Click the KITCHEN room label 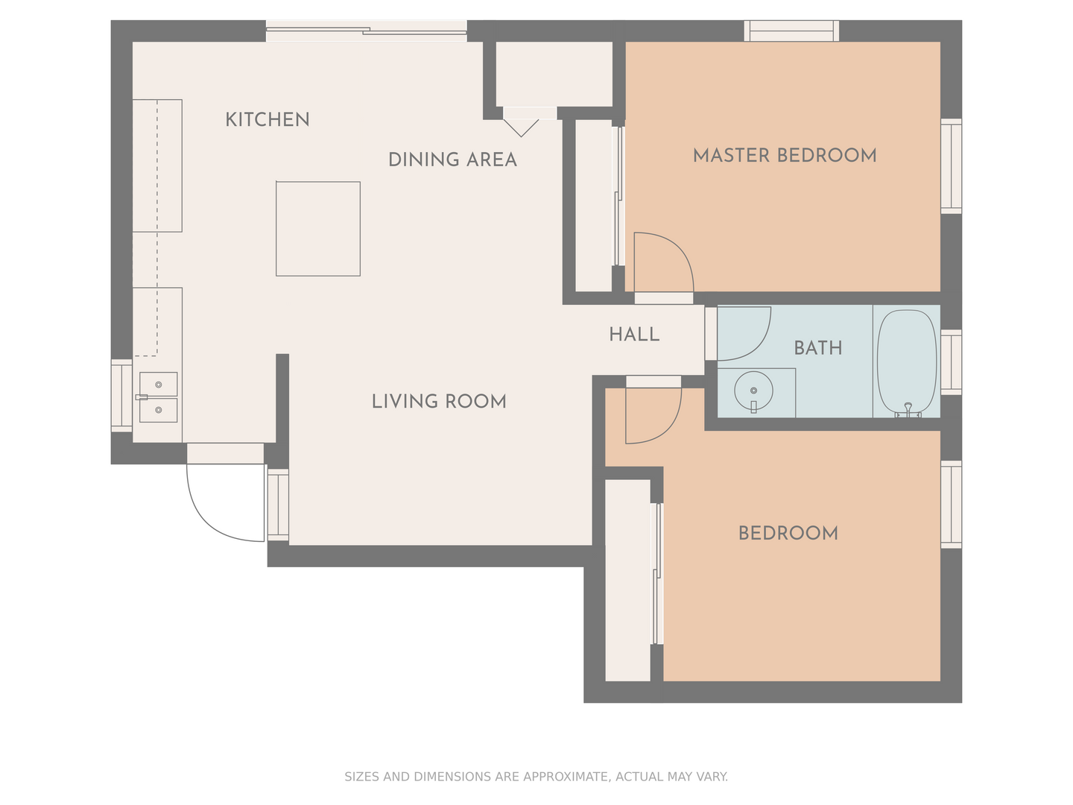267,120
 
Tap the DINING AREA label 452,160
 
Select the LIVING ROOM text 438,401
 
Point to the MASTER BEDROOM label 784,156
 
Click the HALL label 634,335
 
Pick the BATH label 818,348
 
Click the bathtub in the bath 906,362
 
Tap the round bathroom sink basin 753,391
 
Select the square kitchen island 318,229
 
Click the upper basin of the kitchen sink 159,384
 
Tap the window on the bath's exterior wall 951,362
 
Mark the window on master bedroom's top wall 791,31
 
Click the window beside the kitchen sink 121,396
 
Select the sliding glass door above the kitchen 366,31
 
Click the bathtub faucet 908,410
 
